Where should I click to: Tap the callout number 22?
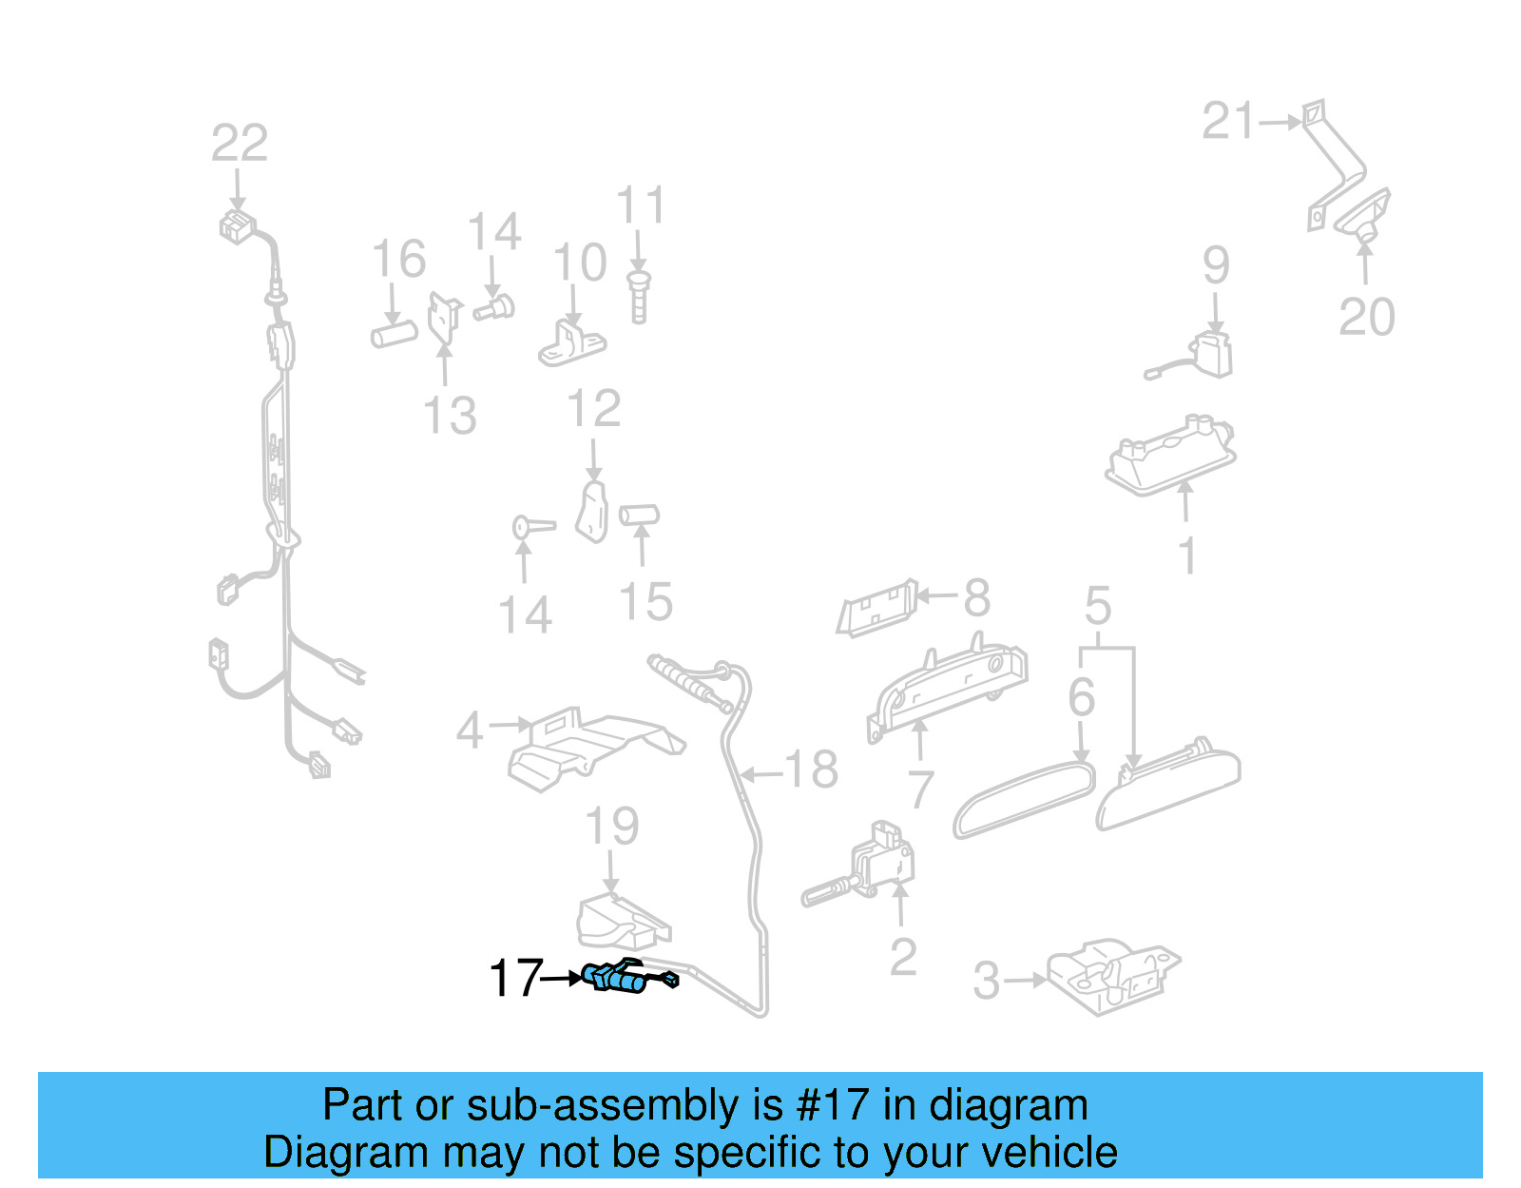coord(240,144)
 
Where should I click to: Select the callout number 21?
coord(1229,122)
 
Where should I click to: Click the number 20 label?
coord(1367,317)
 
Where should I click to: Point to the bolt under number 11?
coord(639,298)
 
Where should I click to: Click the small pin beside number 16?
coord(395,335)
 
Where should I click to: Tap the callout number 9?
coord(1216,264)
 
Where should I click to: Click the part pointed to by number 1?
coord(1171,457)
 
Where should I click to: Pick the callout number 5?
coord(1098,606)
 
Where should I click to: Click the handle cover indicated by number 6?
coord(1024,800)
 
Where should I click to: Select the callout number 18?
coord(812,769)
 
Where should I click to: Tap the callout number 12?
coord(594,409)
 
